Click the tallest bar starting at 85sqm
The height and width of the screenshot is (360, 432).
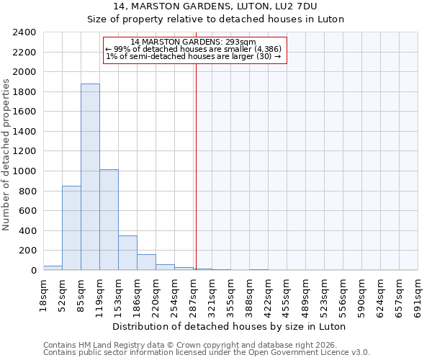pos(90,177)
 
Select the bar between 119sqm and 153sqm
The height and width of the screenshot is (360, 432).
pos(109,220)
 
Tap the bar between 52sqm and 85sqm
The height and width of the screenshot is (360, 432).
pos(71,228)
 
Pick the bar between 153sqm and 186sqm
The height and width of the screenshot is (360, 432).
pos(127,253)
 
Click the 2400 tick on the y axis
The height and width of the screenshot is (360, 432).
pos(24,32)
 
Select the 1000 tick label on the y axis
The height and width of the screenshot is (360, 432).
pos(24,171)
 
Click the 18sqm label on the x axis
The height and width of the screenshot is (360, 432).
pos(43,295)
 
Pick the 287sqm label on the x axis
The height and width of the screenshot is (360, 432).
pos(193,295)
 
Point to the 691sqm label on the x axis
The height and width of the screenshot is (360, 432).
pos(418,295)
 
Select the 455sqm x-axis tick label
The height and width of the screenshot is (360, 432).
pos(287,295)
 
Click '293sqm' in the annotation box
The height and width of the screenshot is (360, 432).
pos(241,42)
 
